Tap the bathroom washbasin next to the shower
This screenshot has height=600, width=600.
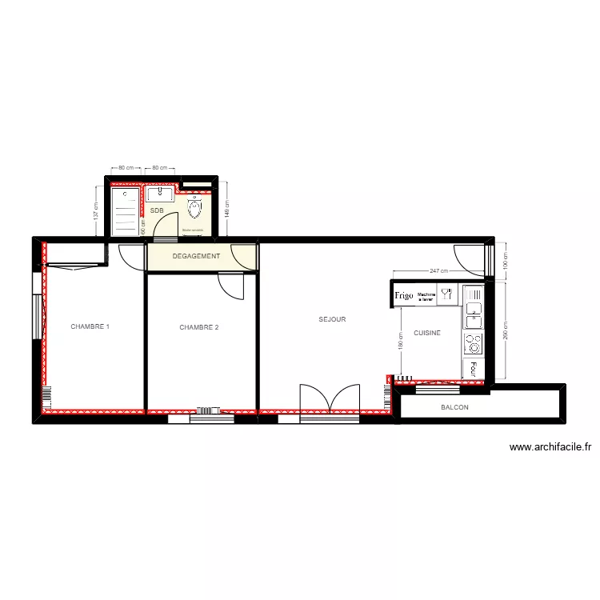point(159,194)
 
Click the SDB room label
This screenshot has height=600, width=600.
point(156,210)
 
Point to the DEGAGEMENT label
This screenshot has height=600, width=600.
point(196,257)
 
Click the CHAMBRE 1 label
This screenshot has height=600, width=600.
point(90,326)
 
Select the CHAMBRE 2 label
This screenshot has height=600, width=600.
point(198,327)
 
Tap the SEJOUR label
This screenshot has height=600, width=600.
point(332,319)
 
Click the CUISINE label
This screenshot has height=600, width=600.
point(427,333)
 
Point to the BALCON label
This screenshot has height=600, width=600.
point(454,408)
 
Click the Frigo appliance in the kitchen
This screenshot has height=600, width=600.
point(403,295)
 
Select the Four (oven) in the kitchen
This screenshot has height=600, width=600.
point(474,368)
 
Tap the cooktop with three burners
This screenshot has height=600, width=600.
point(474,344)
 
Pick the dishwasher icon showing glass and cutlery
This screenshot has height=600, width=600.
point(447,294)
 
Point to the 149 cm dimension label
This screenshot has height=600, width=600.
point(227,210)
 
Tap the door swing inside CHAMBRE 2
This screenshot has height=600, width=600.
point(231,286)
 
